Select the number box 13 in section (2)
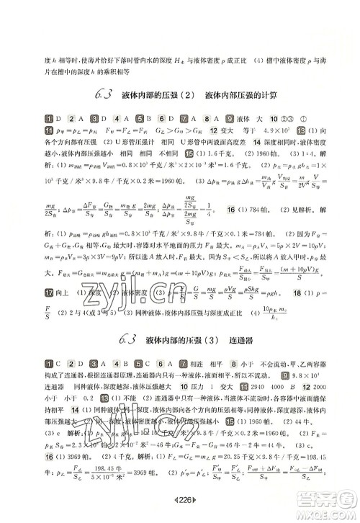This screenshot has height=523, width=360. [x=300, y=130]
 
